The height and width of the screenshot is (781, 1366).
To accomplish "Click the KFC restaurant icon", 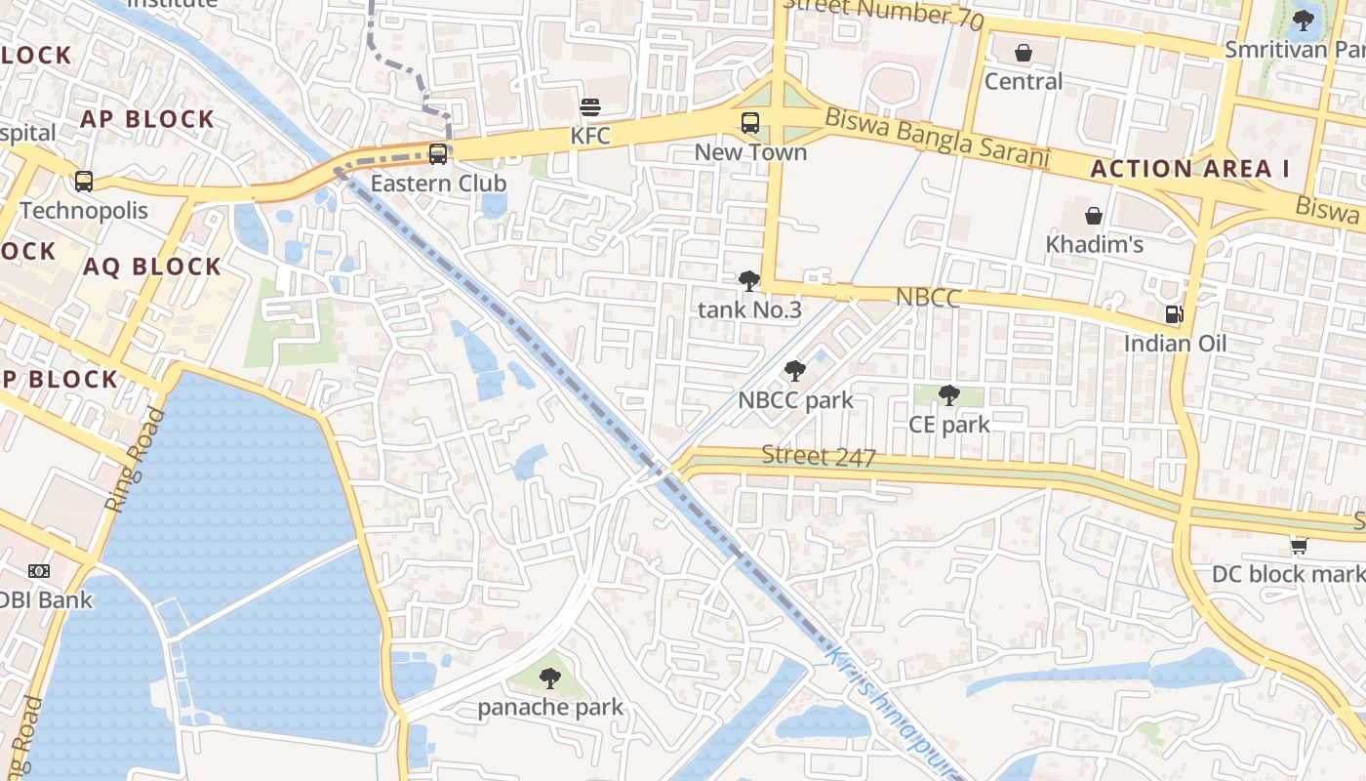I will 590,106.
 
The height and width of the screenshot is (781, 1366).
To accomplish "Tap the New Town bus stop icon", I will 749,123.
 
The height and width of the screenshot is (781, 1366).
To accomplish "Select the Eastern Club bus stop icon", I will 438,153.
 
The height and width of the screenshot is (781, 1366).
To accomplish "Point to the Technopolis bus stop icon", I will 84,181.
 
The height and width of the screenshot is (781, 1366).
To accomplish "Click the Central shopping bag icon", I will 1023,52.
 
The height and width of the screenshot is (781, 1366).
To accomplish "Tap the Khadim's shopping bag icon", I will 1094,215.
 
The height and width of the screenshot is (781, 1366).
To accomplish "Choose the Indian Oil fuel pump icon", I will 1175,314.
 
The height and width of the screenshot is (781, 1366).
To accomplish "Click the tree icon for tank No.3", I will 748,282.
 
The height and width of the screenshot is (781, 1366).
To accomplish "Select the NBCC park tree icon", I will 794,371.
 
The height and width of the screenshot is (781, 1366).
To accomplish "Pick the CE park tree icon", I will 948,395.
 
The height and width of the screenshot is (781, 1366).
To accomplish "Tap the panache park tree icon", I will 550,678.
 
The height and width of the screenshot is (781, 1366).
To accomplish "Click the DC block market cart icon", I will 1298,545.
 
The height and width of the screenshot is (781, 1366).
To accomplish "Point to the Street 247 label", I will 819,456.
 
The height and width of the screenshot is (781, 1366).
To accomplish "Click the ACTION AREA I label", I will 1189,169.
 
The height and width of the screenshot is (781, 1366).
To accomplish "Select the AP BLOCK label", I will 146,119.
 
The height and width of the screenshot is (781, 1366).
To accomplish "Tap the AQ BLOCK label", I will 152,267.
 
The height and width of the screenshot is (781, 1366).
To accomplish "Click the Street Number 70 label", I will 883,13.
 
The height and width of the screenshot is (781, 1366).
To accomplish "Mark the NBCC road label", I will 927,298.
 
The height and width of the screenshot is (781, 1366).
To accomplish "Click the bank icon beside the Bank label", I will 39,571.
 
